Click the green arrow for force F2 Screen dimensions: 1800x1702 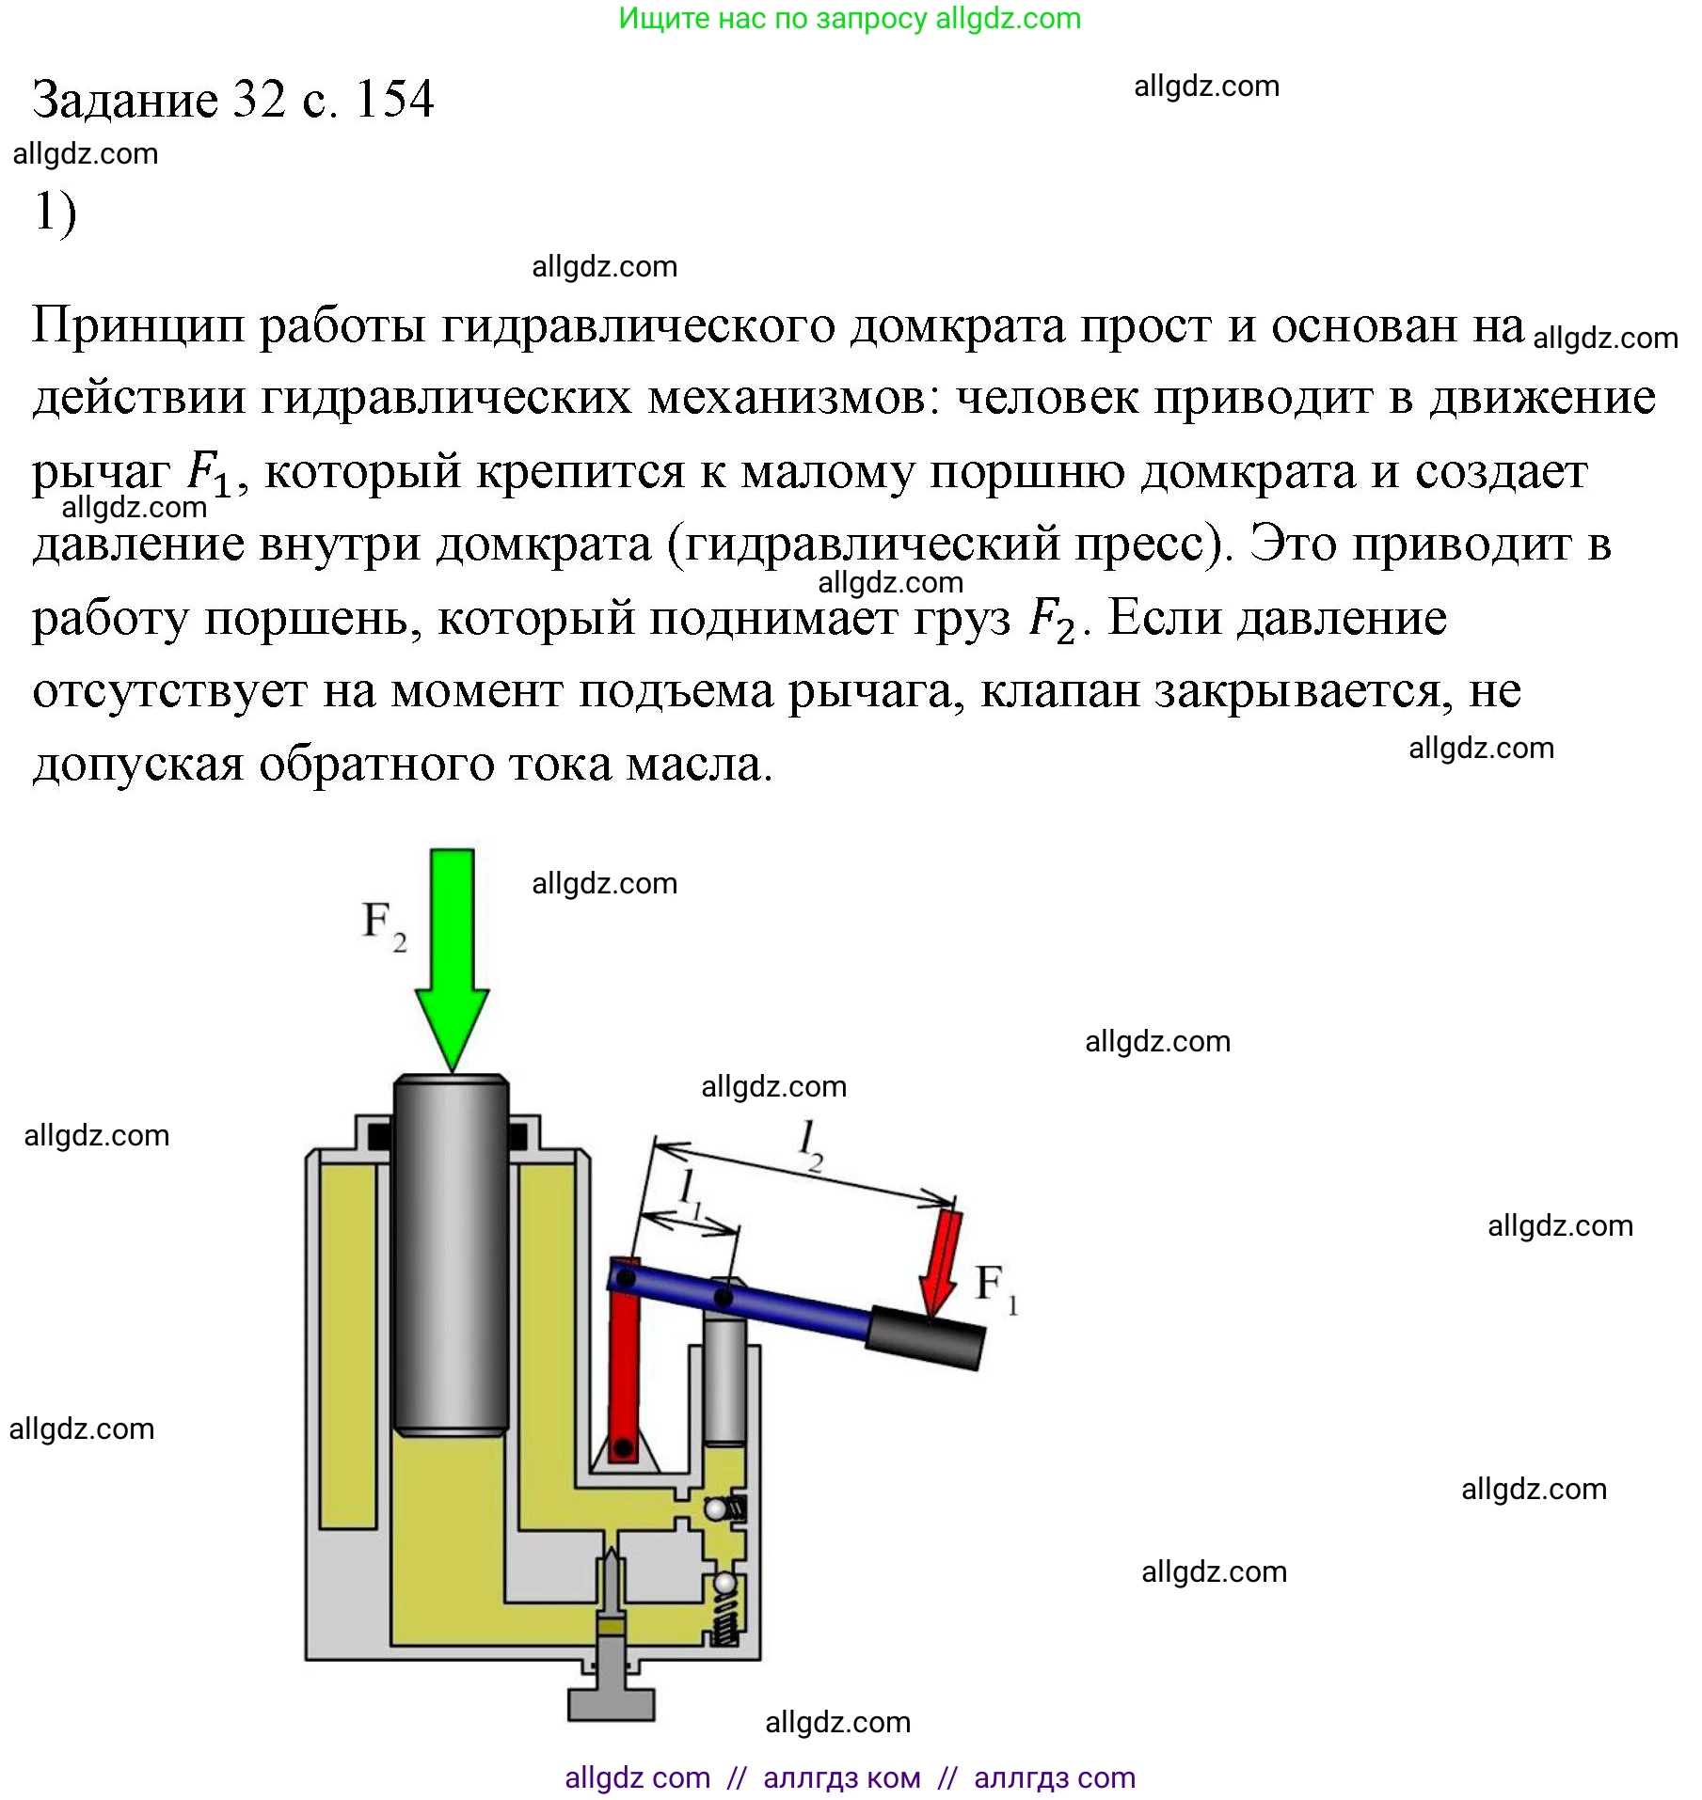[x=452, y=950]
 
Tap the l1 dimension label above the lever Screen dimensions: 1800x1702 [x=691, y=1192]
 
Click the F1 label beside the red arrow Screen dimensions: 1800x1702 [x=995, y=1287]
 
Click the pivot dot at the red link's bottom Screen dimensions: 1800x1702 [x=621, y=1446]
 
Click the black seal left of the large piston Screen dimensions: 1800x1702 [x=379, y=1136]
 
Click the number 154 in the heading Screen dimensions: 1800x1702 [x=394, y=100]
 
